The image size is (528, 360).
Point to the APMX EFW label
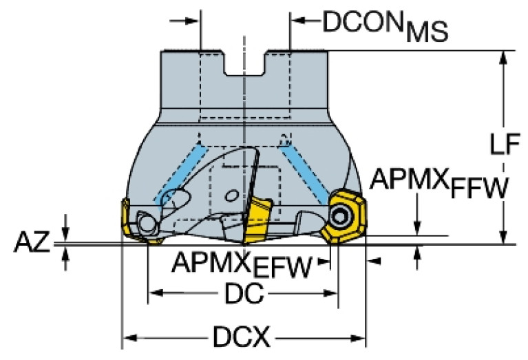click(x=242, y=264)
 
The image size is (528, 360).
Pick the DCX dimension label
click(x=241, y=337)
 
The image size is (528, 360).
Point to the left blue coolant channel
click(x=182, y=176)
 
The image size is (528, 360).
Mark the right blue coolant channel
click(x=304, y=172)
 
